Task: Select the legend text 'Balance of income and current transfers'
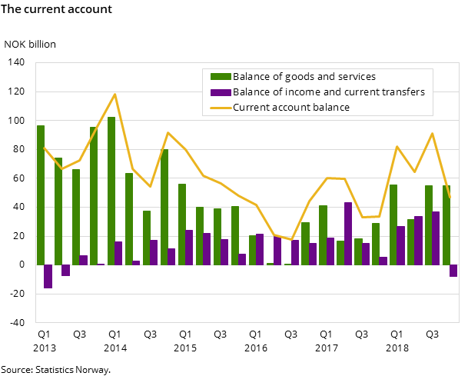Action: click(x=329, y=92)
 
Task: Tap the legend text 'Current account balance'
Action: click(x=291, y=108)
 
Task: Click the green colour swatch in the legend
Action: click(x=221, y=76)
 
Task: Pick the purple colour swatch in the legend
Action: click(x=221, y=92)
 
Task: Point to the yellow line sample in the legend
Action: click(x=221, y=108)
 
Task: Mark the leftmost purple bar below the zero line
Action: click(x=48, y=276)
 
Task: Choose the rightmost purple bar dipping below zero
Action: click(x=453, y=271)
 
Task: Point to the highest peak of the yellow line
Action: click(x=115, y=95)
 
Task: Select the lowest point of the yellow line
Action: click(x=292, y=240)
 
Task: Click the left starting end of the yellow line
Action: click(x=45, y=148)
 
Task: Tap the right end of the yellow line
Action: click(x=450, y=198)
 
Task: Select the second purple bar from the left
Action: click(x=65, y=270)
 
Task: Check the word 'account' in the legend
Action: click(x=290, y=108)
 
